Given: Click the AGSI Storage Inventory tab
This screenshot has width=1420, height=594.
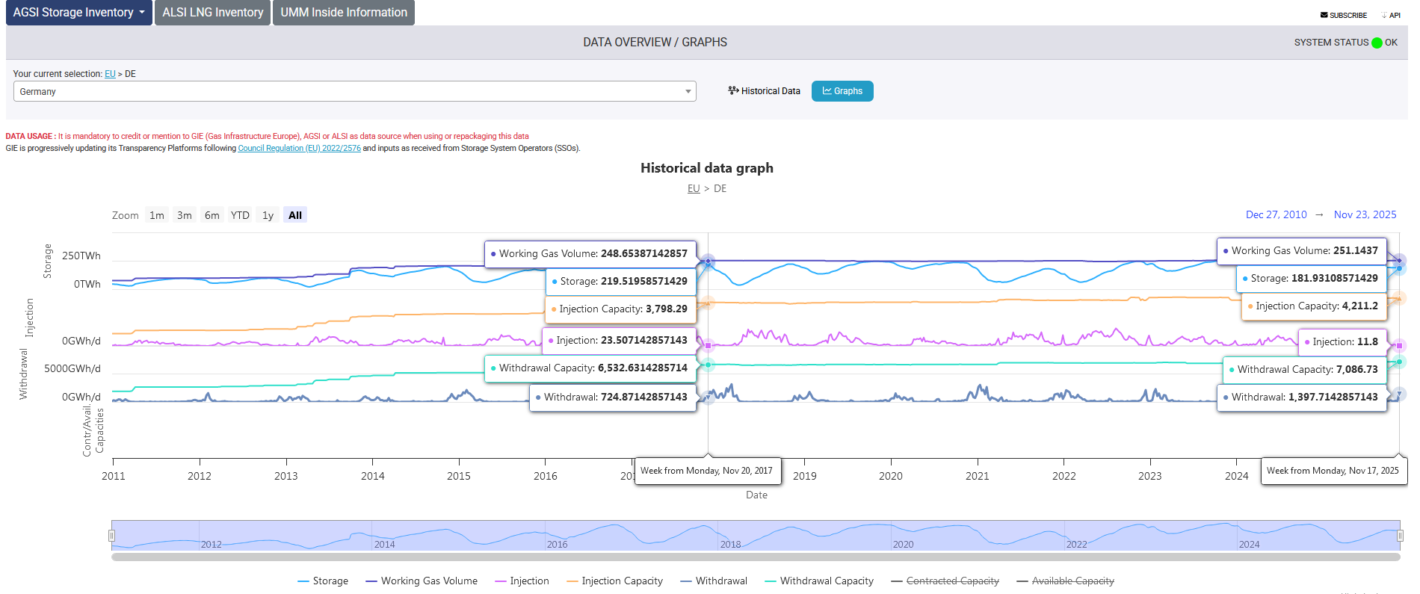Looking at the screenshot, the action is [x=78, y=13].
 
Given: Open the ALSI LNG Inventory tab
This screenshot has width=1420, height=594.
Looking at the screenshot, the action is [x=213, y=13].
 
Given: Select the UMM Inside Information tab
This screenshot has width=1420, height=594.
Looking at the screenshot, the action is [x=344, y=13].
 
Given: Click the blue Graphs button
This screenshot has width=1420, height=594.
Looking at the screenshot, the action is [x=842, y=91].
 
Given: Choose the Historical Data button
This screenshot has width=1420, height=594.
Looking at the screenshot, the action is [x=764, y=91].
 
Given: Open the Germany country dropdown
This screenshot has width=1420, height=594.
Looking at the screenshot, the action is [x=355, y=91].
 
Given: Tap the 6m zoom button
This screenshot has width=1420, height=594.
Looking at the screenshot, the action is [x=212, y=215].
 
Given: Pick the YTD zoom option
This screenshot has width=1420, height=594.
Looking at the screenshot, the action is [x=240, y=215].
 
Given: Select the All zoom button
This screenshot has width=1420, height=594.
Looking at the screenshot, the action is [x=295, y=215].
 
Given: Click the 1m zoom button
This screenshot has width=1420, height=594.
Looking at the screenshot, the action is [x=157, y=215].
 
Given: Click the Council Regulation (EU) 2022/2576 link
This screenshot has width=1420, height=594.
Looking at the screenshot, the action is [x=300, y=148].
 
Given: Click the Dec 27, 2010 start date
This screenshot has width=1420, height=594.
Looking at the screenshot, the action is [x=1277, y=214].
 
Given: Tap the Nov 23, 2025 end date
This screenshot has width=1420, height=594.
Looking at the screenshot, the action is [x=1365, y=214].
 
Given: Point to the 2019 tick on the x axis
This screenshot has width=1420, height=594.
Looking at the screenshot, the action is [x=805, y=476].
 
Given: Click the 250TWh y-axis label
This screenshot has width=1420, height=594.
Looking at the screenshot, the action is [x=81, y=256].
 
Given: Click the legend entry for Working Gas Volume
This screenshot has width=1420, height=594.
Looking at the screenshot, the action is [x=422, y=581].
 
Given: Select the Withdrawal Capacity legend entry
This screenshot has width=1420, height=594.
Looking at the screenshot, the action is [x=819, y=581].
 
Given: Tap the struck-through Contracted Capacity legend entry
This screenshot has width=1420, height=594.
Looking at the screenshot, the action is [x=945, y=581].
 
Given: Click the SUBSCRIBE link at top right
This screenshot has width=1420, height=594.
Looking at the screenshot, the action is [x=1344, y=15].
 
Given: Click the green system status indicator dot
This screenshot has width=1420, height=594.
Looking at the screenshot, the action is [x=1377, y=43].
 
